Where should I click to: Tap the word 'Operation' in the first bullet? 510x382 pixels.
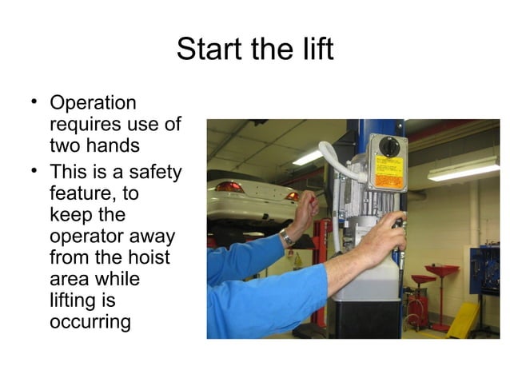(x=93, y=104)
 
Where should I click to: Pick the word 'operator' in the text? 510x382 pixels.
(x=90, y=237)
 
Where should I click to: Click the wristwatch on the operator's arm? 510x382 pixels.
(x=286, y=237)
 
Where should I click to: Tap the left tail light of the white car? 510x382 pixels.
(x=230, y=186)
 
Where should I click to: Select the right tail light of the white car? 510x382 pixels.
(x=293, y=196)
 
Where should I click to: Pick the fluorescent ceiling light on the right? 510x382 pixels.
(x=464, y=169)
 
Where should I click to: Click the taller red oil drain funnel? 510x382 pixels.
(x=442, y=276)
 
